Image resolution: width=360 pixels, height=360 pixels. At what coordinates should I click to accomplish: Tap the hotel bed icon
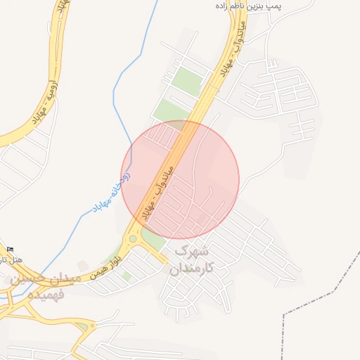click(10, 249)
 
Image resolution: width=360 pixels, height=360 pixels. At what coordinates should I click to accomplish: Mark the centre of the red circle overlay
click(180, 179)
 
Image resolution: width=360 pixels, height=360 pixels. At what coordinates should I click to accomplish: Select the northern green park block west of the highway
click(188, 81)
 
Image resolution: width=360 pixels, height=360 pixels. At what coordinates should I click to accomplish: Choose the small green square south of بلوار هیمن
click(126, 276)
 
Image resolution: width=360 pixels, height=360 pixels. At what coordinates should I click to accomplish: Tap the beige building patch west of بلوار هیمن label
click(83, 265)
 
